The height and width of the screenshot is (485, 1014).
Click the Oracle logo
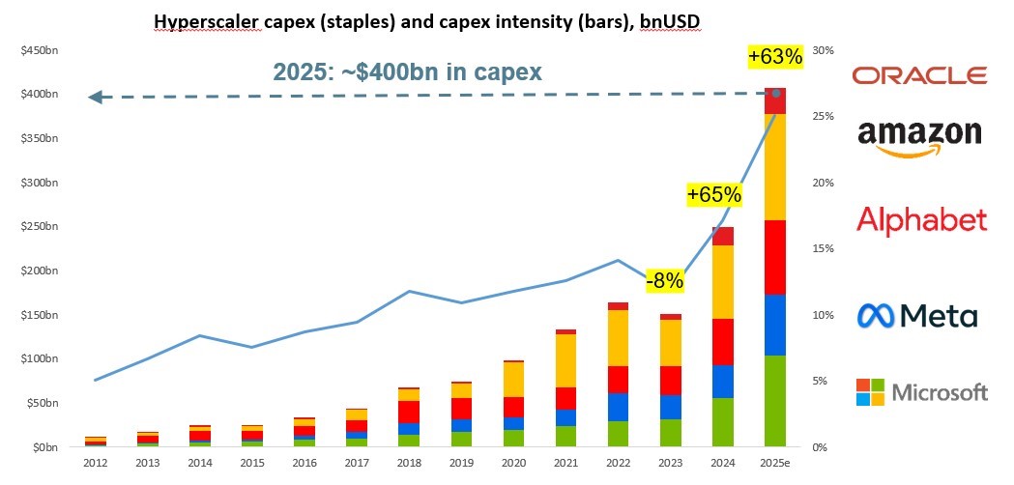coord(919,75)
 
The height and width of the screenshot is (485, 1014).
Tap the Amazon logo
coord(919,137)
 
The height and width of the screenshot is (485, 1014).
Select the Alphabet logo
coord(921,219)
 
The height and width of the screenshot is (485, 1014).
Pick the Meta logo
coord(917,315)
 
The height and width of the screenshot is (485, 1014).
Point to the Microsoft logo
coord(921,391)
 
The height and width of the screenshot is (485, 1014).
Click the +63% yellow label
coord(775,57)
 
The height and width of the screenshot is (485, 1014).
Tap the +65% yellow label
coord(713,195)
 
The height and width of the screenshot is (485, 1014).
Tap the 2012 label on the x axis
coord(95,462)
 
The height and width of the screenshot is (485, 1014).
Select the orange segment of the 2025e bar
coord(775,166)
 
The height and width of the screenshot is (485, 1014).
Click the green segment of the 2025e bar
coord(775,401)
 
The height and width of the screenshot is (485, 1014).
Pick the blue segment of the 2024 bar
coord(723,382)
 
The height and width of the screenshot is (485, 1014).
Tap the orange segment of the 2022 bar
coord(618,338)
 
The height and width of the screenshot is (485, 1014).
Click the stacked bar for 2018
coord(409,417)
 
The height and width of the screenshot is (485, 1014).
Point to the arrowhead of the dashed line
coord(95,97)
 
